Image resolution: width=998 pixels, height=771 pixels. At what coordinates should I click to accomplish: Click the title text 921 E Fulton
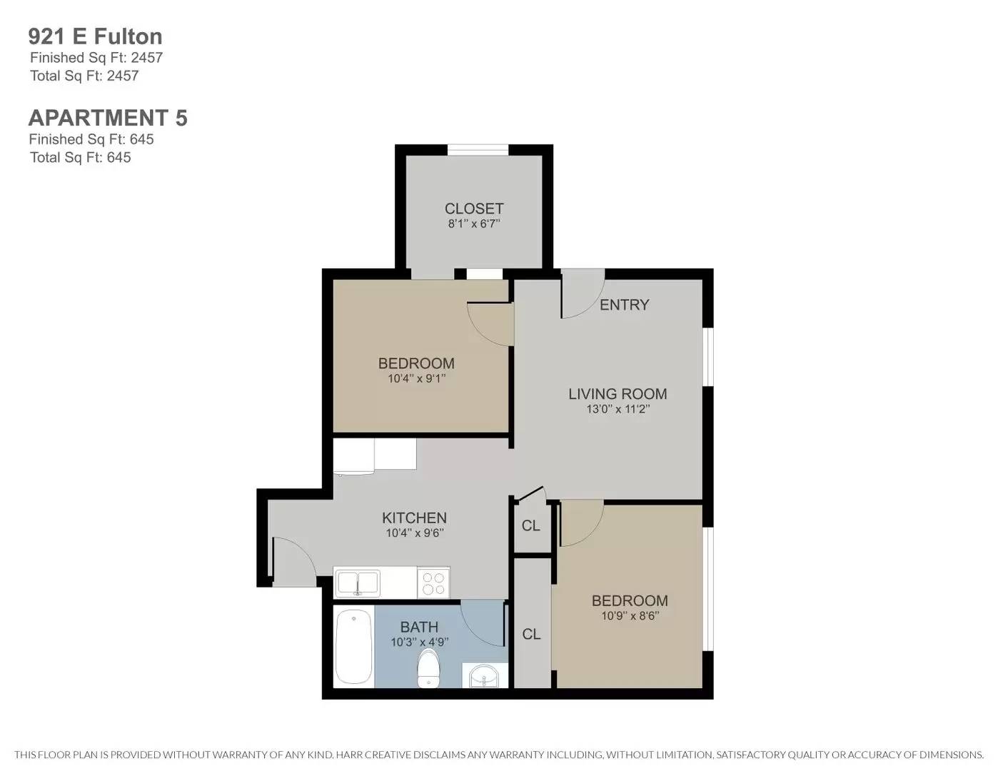pyautogui.click(x=95, y=36)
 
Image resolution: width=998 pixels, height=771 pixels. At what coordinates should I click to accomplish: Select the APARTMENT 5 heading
pyautogui.click(x=108, y=118)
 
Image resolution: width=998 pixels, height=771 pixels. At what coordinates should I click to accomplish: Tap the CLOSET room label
pyautogui.click(x=474, y=208)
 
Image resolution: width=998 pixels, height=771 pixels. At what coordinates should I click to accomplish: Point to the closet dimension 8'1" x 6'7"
pyautogui.click(x=474, y=224)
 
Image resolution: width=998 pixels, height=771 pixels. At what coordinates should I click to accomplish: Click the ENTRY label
pyautogui.click(x=624, y=305)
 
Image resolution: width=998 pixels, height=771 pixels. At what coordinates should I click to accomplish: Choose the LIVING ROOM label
pyautogui.click(x=618, y=394)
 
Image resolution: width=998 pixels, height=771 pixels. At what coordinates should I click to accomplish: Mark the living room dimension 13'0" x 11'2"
pyautogui.click(x=618, y=410)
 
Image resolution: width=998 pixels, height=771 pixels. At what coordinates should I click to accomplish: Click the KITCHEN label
pyautogui.click(x=414, y=518)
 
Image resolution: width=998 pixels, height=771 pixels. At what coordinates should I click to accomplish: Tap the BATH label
pyautogui.click(x=419, y=627)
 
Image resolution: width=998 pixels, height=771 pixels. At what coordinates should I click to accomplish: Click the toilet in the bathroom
pyautogui.click(x=428, y=667)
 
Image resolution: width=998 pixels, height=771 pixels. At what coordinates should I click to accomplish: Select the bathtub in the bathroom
pyautogui.click(x=353, y=646)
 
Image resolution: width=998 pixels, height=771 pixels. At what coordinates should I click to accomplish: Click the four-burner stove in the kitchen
pyautogui.click(x=433, y=583)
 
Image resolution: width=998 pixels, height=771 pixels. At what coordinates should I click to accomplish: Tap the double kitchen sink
pyautogui.click(x=358, y=583)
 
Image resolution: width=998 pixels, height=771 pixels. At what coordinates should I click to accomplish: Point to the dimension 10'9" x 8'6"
pyautogui.click(x=630, y=616)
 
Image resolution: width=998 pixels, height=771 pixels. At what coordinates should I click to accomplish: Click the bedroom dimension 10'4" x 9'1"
pyautogui.click(x=416, y=379)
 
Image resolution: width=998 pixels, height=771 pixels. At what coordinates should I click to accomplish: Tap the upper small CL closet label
pyautogui.click(x=531, y=526)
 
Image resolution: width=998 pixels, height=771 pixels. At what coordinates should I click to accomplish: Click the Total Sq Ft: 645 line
pyautogui.click(x=81, y=158)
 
